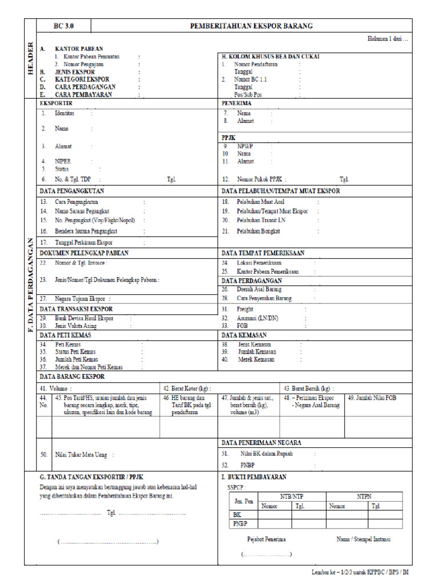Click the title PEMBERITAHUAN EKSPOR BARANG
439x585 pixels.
pos(252,26)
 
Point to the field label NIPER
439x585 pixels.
pos(63,162)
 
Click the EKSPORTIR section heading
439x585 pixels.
pos(55,103)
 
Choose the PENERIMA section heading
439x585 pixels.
pos(237,103)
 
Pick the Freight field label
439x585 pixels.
pos(245,309)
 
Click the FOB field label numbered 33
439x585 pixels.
pos(242,326)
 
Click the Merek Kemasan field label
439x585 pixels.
pos(256,359)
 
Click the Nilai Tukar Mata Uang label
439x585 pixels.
pos(81,455)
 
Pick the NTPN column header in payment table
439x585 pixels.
pos(364,497)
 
